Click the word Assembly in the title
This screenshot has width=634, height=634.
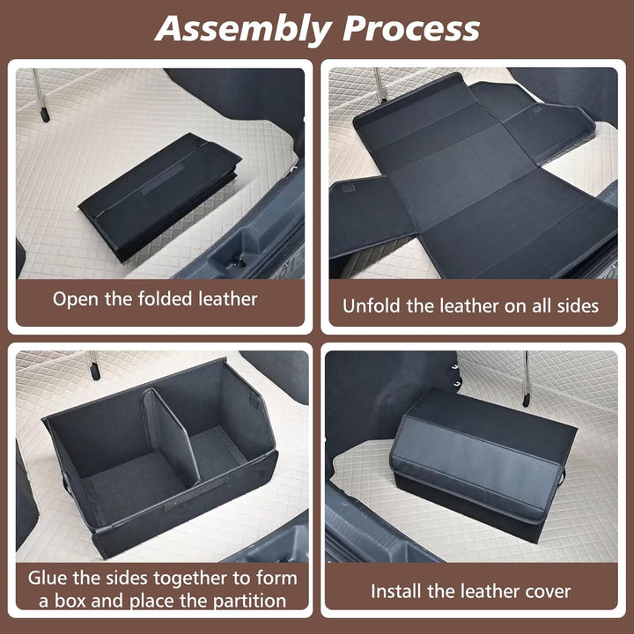243,30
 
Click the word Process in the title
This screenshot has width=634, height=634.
411,28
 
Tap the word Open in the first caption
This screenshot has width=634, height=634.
76,299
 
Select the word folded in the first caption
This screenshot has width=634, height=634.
165,299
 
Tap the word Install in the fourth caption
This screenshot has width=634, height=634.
396,592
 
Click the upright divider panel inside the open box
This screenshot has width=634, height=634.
170,437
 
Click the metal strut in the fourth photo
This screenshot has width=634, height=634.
526,379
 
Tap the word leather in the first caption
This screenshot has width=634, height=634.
228,299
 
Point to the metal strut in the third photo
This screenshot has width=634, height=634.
93,365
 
